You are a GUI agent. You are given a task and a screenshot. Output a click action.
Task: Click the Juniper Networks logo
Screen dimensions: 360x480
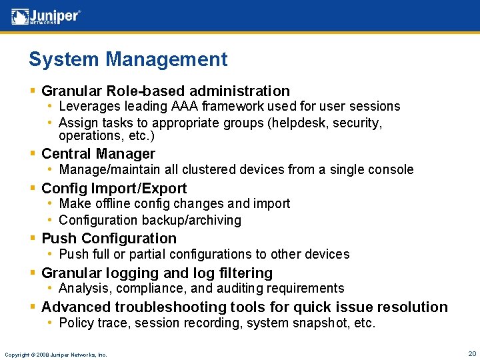point(46,16)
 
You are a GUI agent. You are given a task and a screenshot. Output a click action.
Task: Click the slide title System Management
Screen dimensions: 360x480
point(128,59)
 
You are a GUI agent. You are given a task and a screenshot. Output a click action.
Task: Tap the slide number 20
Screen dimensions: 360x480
point(472,353)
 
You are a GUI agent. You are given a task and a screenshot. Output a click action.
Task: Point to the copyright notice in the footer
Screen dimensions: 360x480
point(55,354)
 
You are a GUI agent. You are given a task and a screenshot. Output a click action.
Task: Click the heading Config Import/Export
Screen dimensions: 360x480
point(114,188)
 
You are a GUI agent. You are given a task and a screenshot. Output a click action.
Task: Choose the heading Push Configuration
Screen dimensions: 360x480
point(109,238)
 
